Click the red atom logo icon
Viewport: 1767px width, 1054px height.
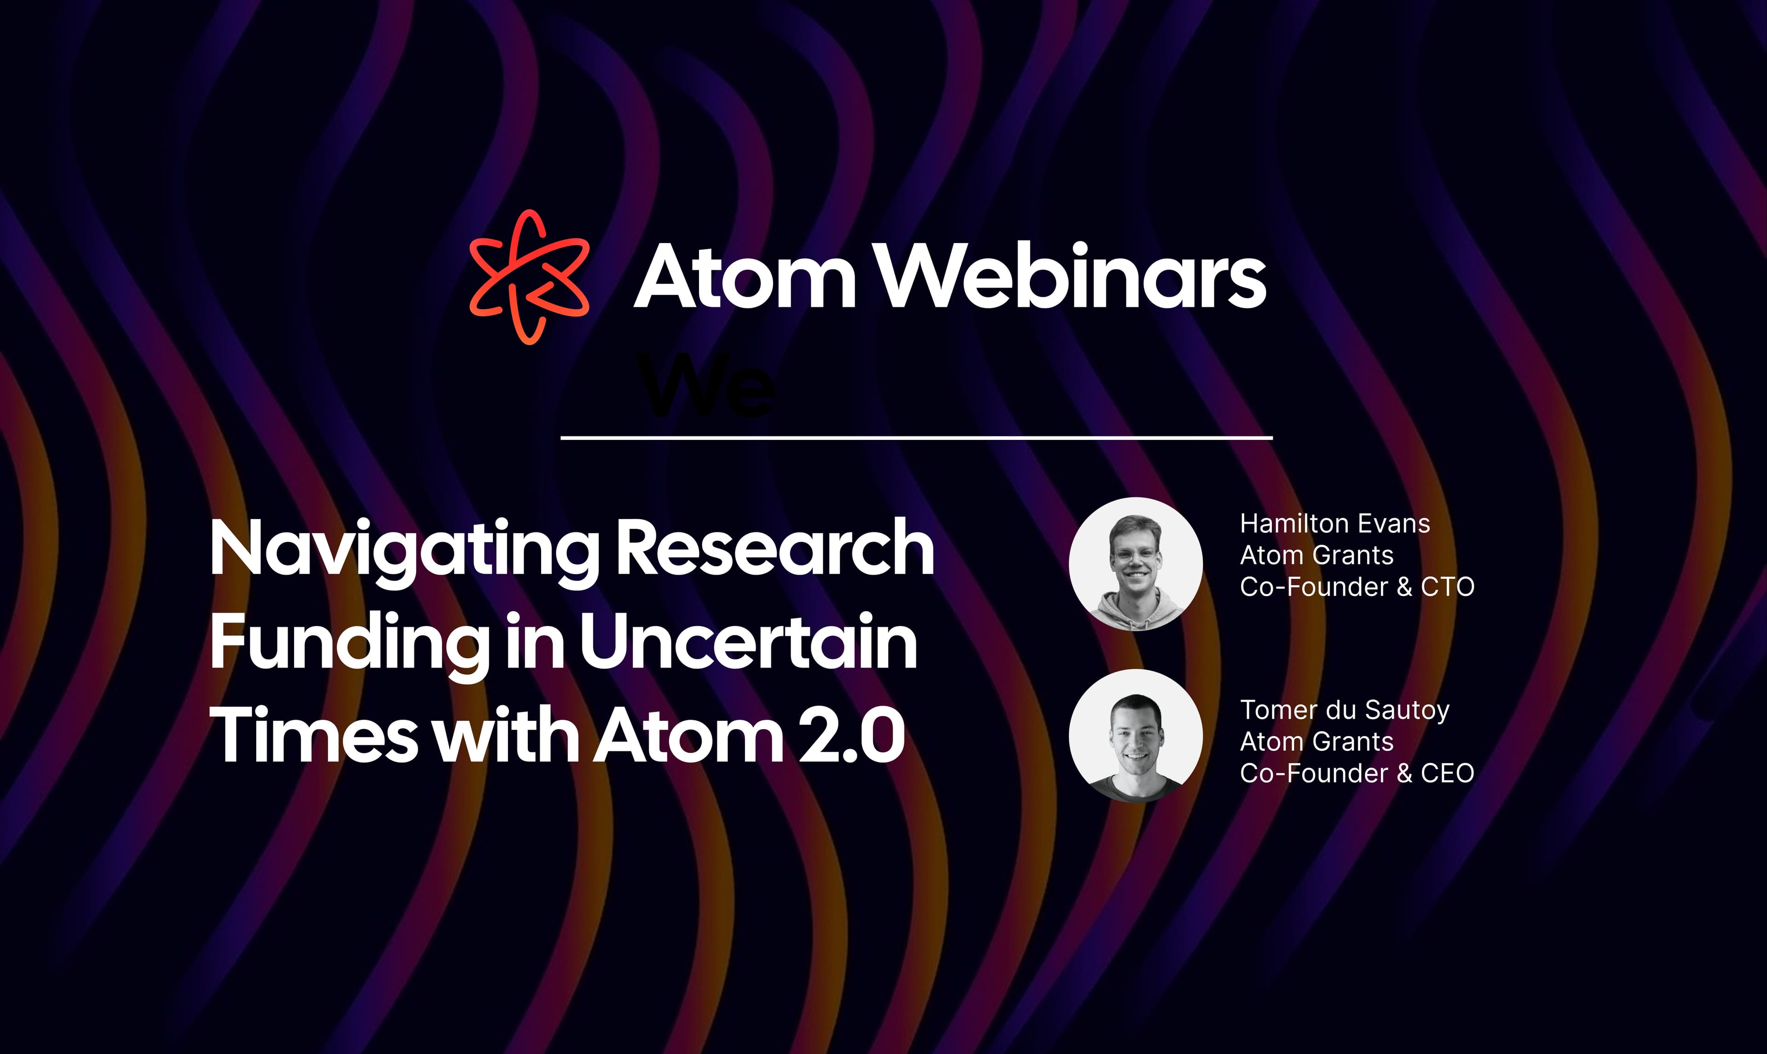coord(529,277)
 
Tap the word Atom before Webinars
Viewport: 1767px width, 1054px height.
coord(744,277)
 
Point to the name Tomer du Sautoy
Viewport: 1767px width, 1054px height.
coord(1345,711)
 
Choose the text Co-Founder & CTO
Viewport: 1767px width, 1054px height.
coord(1357,587)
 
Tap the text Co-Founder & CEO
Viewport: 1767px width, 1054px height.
coord(1357,773)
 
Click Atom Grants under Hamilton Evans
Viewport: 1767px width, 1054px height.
coord(1317,555)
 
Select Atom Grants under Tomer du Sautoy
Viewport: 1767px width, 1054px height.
coord(1317,742)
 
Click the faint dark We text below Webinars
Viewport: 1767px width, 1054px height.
coord(707,386)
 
